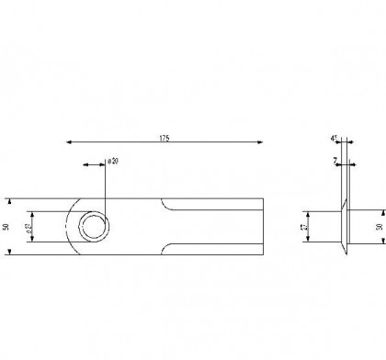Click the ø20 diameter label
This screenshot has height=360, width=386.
point(113,161)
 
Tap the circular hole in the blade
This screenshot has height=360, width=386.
point(93,225)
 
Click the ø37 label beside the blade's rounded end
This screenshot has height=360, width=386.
point(29,226)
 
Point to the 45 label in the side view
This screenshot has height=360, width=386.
point(335,138)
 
